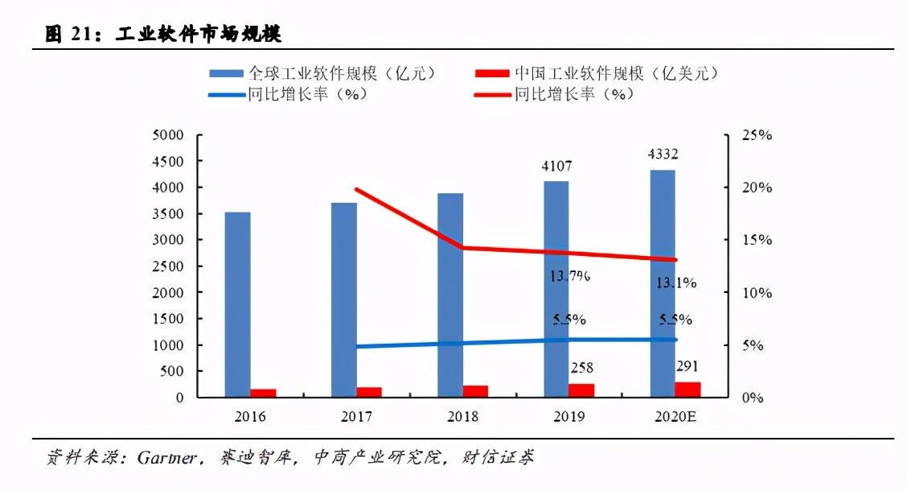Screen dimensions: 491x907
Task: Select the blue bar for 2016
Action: click(x=237, y=304)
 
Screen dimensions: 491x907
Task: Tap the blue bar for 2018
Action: click(x=450, y=295)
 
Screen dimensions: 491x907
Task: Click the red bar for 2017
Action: click(x=369, y=392)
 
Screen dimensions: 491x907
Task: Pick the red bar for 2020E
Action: click(x=687, y=390)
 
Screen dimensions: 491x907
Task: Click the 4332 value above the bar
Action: click(x=663, y=155)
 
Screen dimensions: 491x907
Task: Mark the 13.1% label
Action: click(x=676, y=283)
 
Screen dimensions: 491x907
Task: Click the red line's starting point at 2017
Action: click(x=356, y=189)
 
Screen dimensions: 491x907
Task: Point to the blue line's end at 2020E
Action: click(x=675, y=340)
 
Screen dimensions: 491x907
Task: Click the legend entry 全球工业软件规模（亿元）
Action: click(x=322, y=73)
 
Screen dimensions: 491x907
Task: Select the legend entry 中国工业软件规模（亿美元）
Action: click(x=595, y=73)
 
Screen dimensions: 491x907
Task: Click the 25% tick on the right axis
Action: click(x=755, y=135)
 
